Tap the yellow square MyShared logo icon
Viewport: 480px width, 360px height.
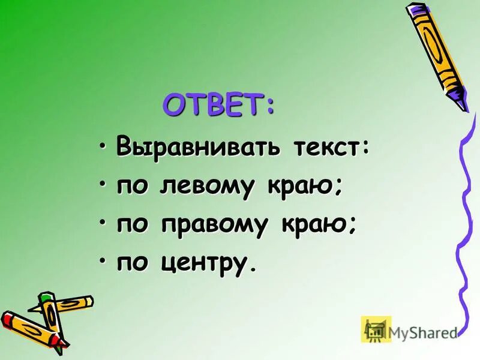[376, 329]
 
